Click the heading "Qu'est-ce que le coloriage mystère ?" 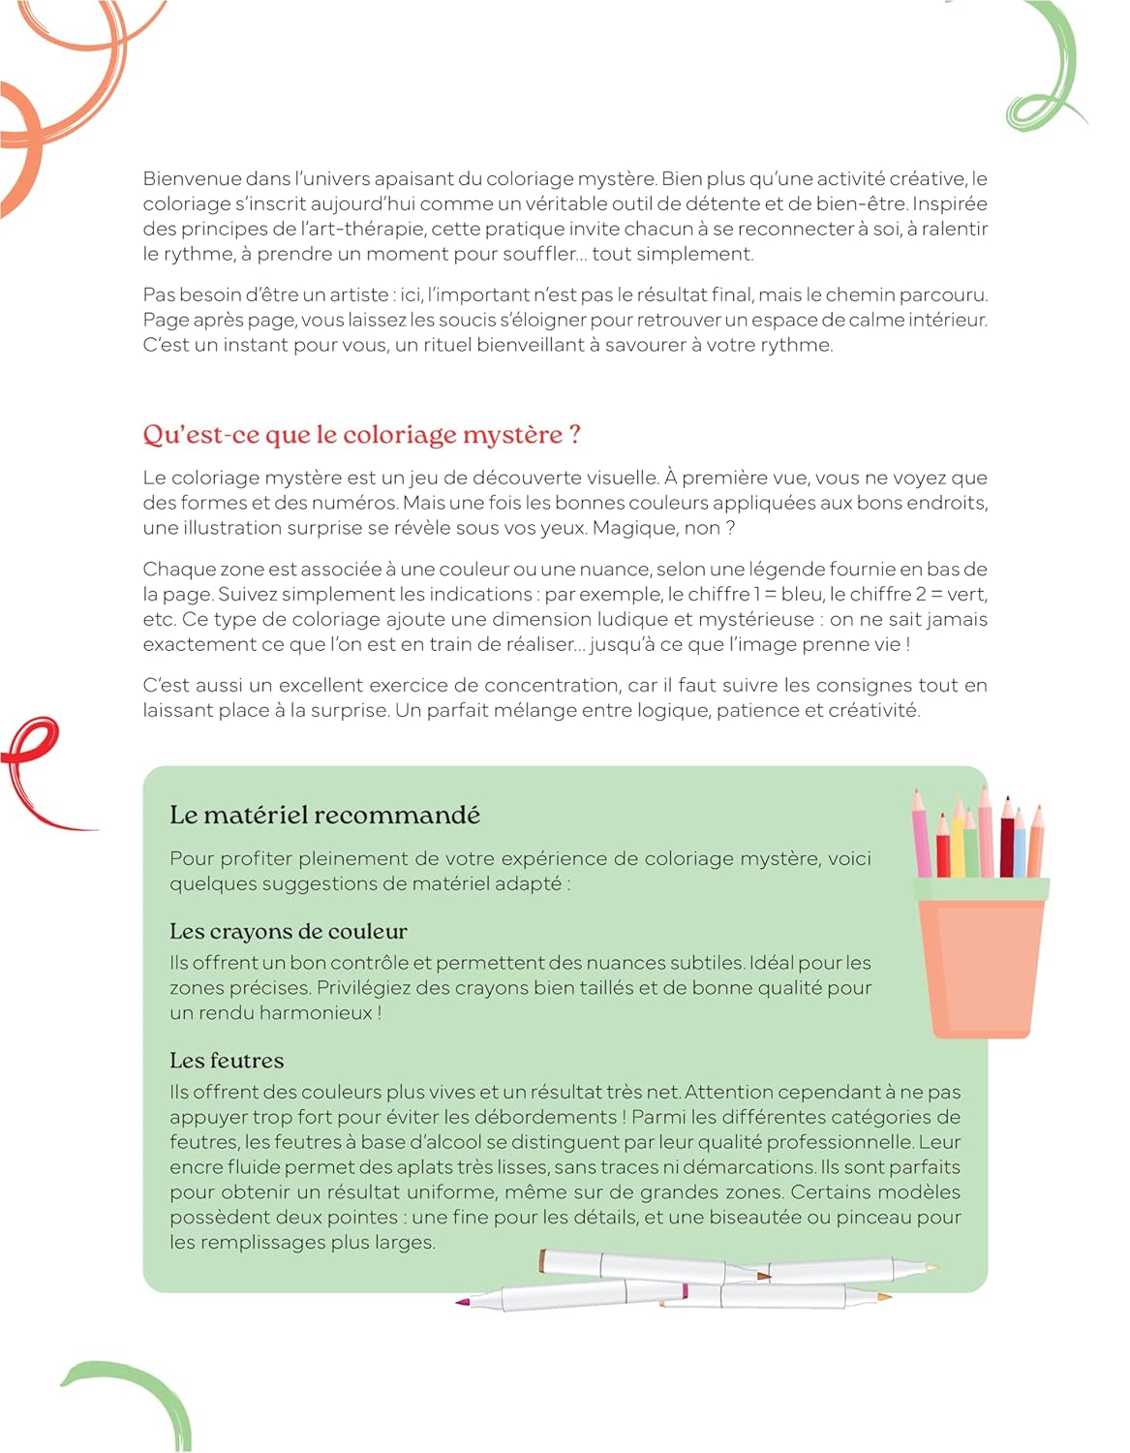click(x=361, y=434)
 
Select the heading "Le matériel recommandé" click(x=324, y=815)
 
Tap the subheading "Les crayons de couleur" click(x=288, y=931)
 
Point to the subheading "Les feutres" click(x=227, y=1060)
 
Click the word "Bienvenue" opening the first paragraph click(x=191, y=178)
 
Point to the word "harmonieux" click(x=321, y=1013)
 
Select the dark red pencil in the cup click(x=1008, y=843)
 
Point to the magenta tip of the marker click(x=463, y=1301)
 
